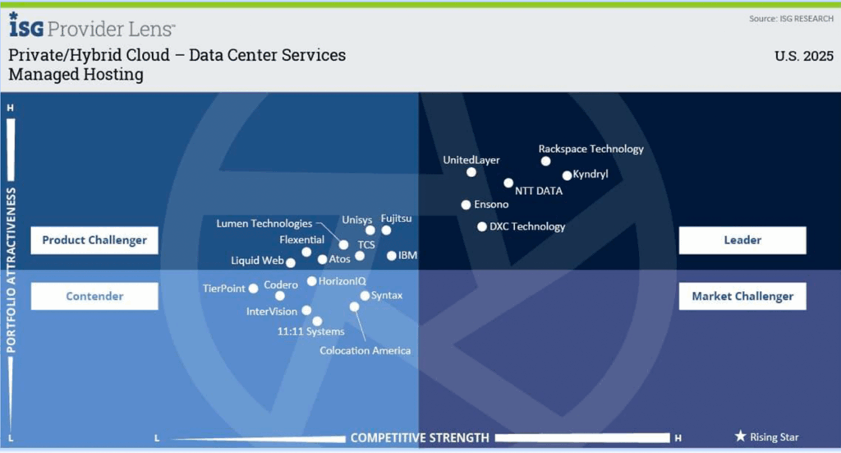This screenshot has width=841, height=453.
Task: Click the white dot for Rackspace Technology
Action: coord(545,161)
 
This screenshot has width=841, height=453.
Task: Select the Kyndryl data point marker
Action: coord(567,175)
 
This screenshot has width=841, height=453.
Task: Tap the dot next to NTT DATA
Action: coord(508,183)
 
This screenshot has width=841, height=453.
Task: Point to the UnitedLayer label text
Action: coord(471,160)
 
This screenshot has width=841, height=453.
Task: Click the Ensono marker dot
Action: coord(466,205)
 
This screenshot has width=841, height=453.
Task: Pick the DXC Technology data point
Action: coord(482,227)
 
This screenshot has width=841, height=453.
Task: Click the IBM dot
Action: coord(392,256)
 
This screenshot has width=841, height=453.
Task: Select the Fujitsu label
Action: coord(397,219)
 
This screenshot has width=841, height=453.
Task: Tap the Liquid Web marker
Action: coord(291,263)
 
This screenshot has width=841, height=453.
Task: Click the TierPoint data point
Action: coord(253,289)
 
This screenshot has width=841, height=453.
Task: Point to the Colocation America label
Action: coord(365,350)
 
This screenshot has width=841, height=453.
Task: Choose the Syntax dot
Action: coord(365,296)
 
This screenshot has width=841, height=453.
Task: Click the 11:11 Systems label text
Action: coord(311,331)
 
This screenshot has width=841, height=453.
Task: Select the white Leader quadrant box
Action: coord(742,240)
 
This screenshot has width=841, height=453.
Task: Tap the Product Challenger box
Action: coord(94,240)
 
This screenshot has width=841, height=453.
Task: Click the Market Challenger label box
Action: coord(742,296)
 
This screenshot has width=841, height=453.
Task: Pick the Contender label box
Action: coord(94,296)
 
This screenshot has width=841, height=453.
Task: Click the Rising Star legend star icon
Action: coord(740,436)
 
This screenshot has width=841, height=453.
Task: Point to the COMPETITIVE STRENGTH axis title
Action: coord(420,438)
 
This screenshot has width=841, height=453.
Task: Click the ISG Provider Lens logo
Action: coord(92,25)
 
